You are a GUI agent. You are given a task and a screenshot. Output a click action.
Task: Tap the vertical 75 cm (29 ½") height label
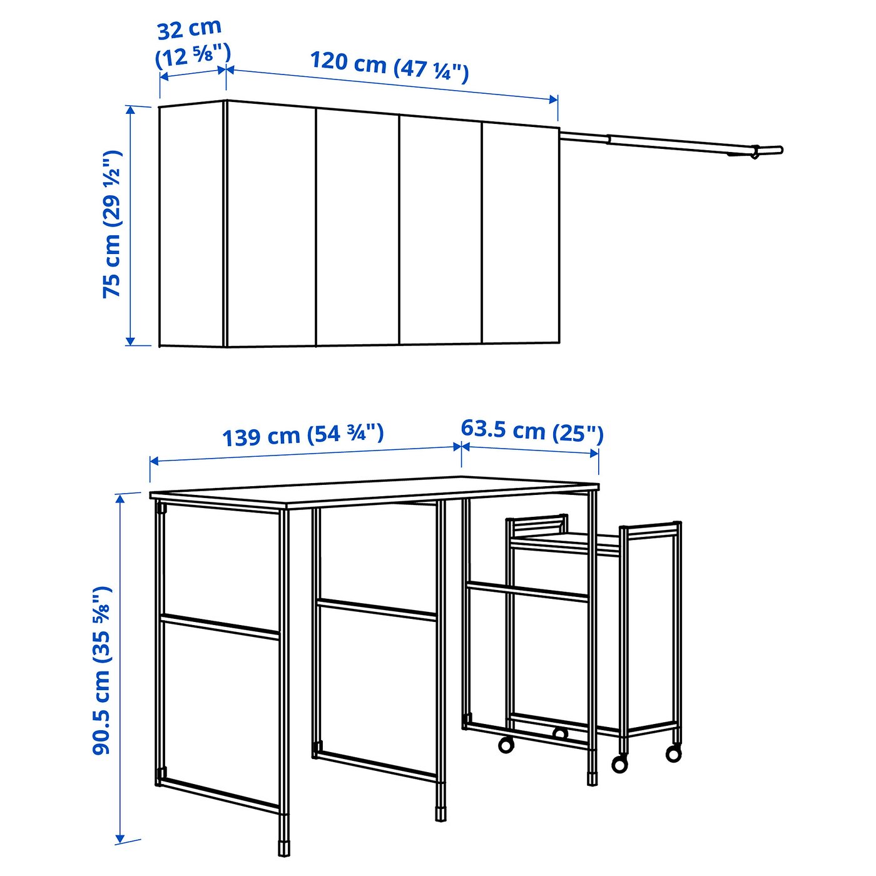click(x=113, y=224)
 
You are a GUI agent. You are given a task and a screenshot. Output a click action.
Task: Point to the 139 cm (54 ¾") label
click(x=303, y=435)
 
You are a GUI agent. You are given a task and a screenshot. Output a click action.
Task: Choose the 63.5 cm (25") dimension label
click(x=532, y=431)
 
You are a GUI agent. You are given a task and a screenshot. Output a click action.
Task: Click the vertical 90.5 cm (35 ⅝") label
click(x=102, y=670)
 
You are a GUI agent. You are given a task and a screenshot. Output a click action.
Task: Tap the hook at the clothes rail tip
click(x=756, y=152)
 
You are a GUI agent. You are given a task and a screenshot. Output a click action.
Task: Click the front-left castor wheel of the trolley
click(x=505, y=745)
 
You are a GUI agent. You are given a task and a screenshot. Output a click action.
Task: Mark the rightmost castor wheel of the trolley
click(x=674, y=753)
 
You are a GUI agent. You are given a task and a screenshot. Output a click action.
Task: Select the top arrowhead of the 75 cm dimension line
click(x=130, y=109)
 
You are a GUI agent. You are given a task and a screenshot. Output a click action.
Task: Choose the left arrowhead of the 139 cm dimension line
click(x=154, y=462)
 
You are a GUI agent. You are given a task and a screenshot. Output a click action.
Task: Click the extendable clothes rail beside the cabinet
click(x=670, y=142)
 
